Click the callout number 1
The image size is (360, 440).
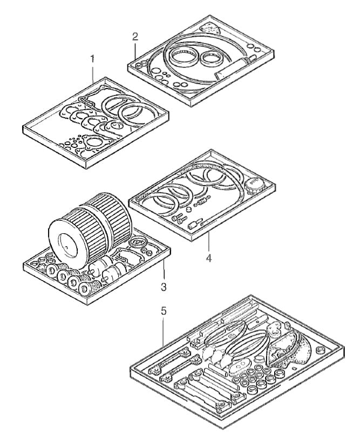tap(92, 58)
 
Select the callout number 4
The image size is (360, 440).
tap(208, 258)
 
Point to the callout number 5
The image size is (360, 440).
tap(163, 312)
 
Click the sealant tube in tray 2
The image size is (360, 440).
tap(233, 68)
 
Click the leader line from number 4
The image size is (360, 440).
tap(208, 243)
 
